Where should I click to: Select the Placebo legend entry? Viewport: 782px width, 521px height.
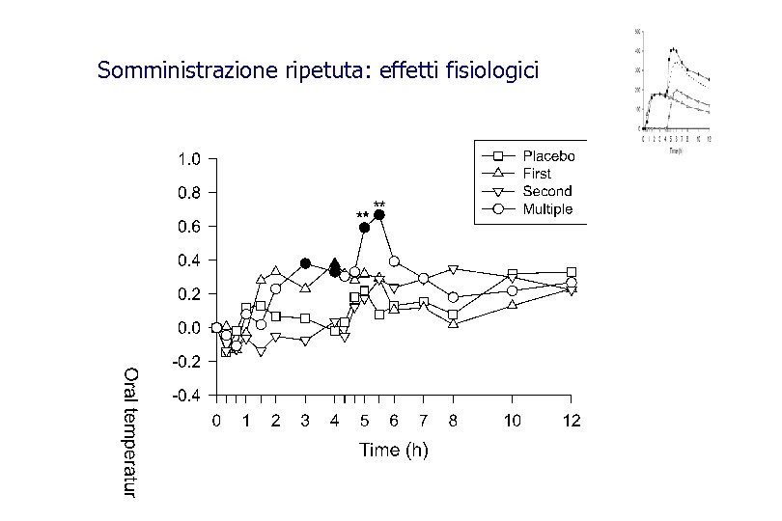[x=548, y=156]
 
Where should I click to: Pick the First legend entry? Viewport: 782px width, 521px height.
[x=537, y=174]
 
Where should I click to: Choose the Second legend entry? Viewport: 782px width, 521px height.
[x=546, y=191]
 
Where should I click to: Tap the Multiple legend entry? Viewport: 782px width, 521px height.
[x=547, y=208]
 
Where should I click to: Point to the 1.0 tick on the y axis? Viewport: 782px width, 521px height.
[x=188, y=158]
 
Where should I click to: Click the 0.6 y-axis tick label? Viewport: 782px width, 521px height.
[x=188, y=227]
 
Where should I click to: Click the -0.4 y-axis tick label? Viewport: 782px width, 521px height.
[x=186, y=396]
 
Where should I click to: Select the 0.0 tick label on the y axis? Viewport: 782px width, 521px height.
[x=188, y=328]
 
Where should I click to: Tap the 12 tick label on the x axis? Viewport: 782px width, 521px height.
[x=572, y=421]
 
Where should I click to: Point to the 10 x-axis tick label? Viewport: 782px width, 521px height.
[x=513, y=421]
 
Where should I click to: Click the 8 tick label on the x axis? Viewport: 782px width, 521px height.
[x=453, y=421]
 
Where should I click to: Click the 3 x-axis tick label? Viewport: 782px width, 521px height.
[x=305, y=421]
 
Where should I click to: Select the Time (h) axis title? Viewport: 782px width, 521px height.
[x=394, y=450]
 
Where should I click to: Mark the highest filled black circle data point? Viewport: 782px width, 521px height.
[x=379, y=215]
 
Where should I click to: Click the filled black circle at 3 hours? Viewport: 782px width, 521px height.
[x=305, y=263]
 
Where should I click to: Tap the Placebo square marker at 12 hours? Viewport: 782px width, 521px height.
[x=572, y=272]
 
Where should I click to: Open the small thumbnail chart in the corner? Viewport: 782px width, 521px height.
[x=673, y=90]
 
